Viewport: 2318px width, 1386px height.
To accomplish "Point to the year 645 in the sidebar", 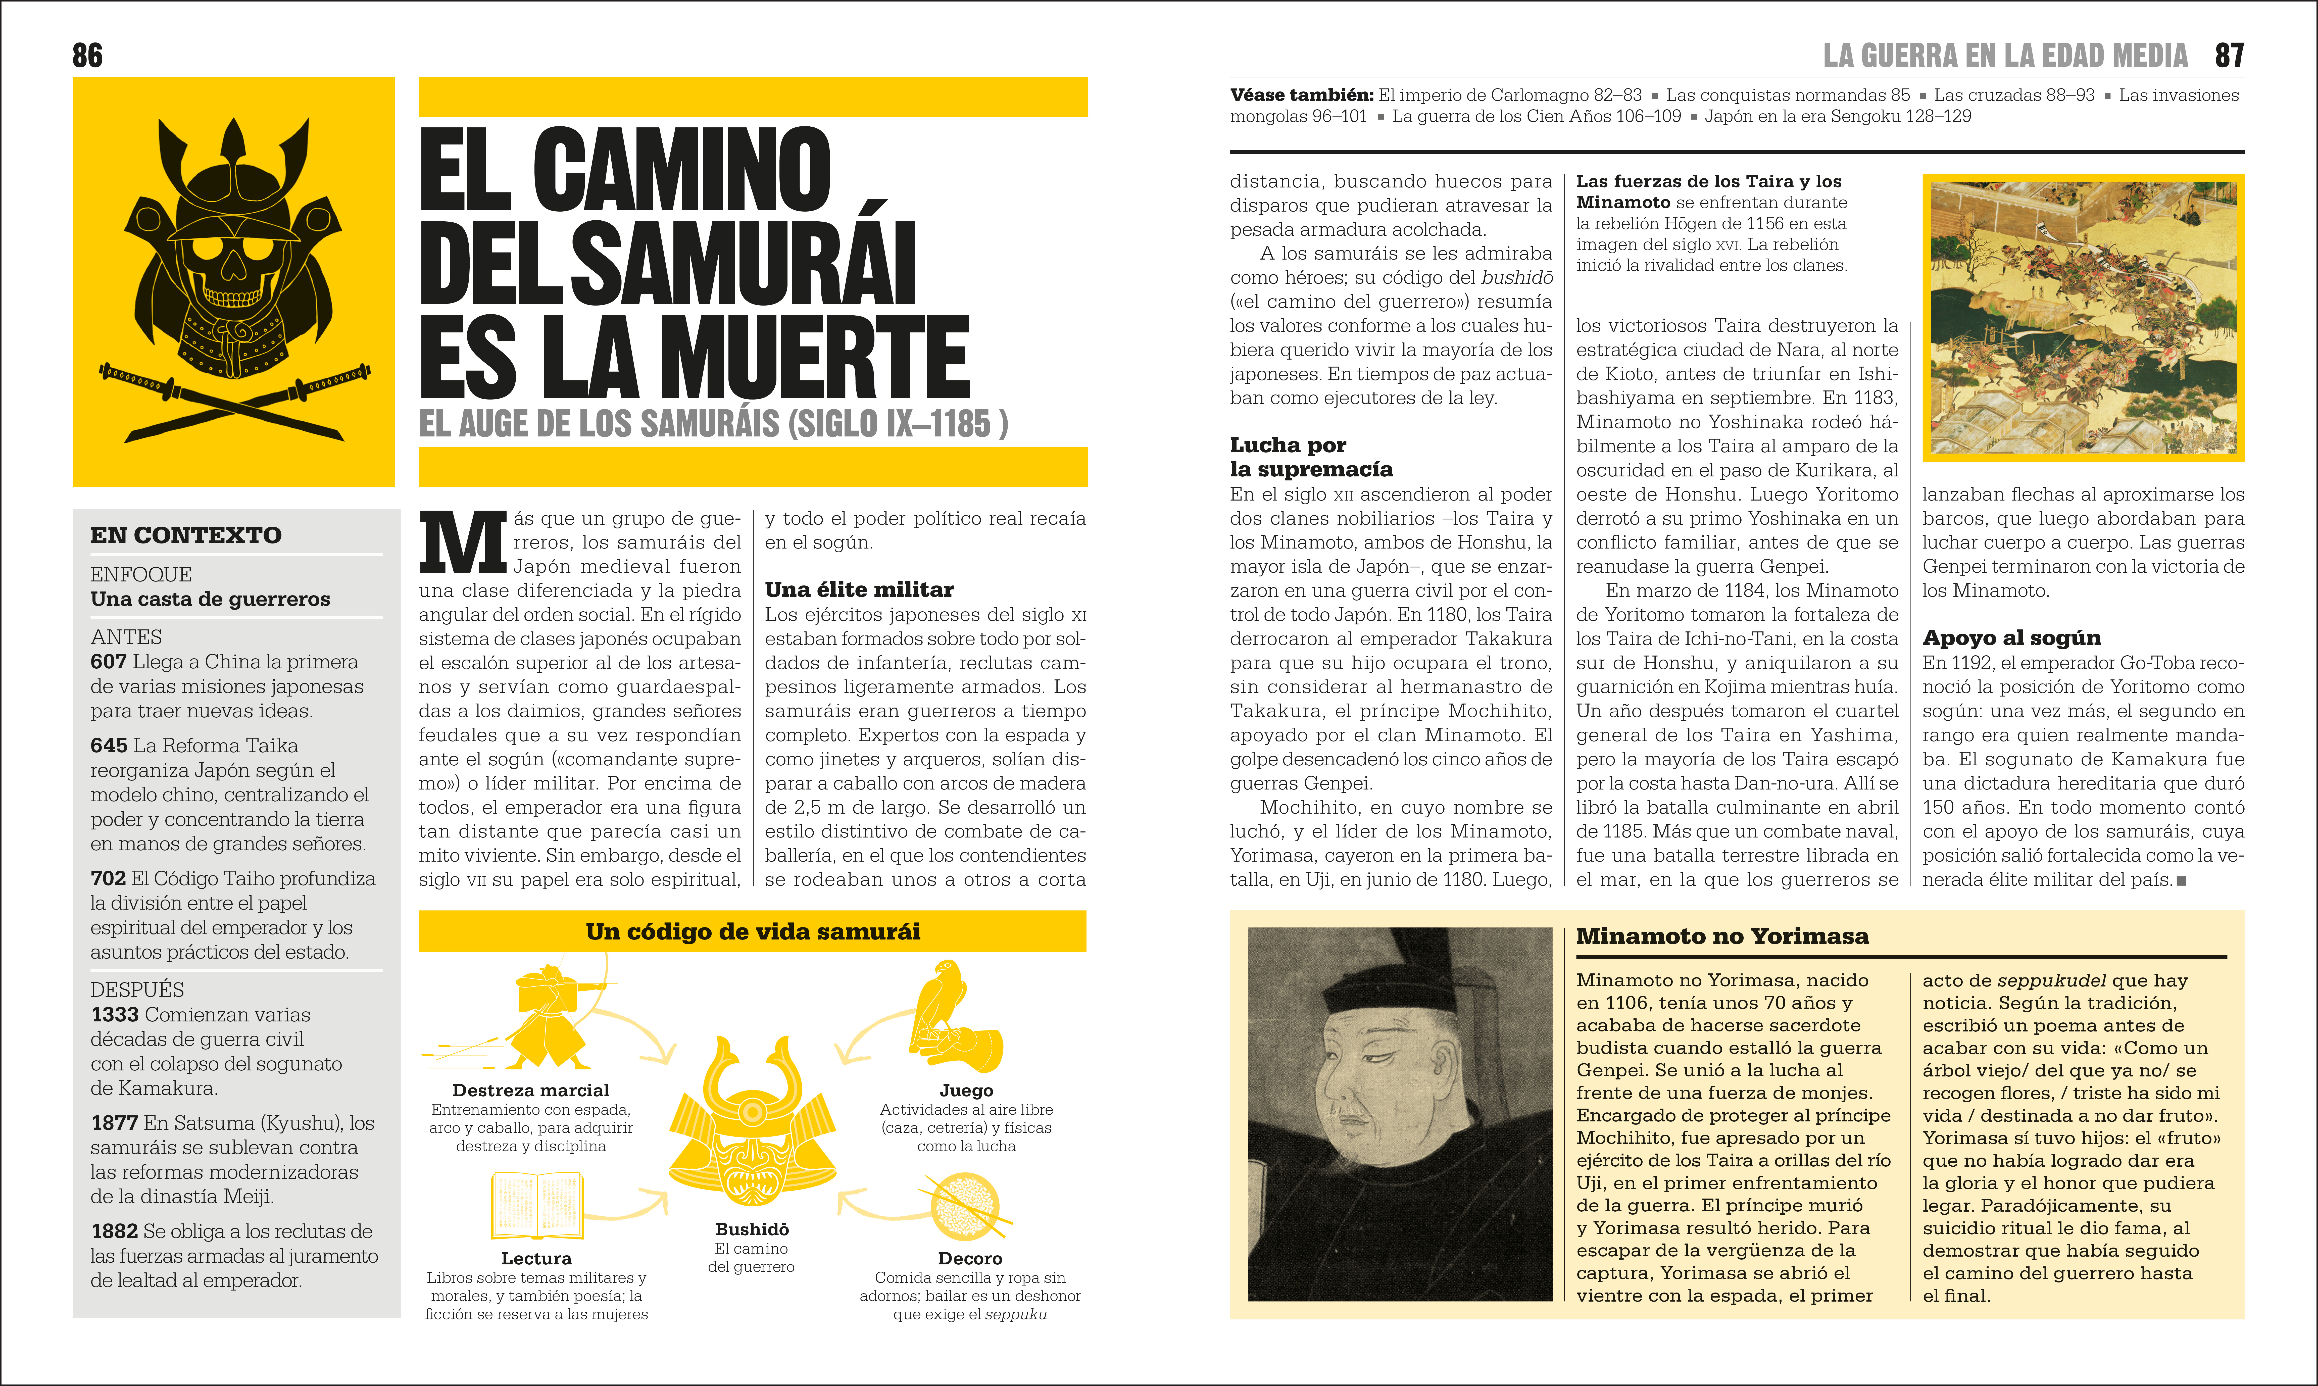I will [x=108, y=745].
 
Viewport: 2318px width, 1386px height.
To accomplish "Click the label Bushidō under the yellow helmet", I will [x=752, y=1229].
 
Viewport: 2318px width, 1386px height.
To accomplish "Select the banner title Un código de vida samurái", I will [x=753, y=931].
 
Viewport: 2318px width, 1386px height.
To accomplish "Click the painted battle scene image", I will [x=2083, y=318].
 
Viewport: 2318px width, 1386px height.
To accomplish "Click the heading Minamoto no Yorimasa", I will [x=1722, y=936].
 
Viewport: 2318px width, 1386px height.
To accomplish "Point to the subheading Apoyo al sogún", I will [x=2011, y=638].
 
